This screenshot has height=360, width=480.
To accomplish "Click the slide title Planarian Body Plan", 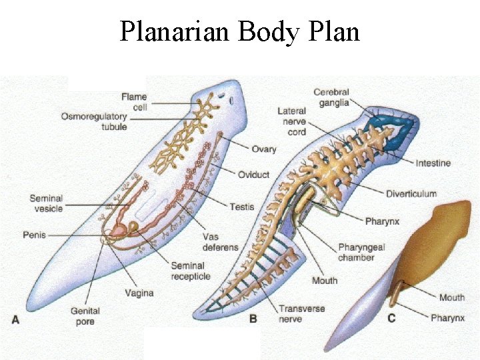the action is pyautogui.click(x=239, y=31).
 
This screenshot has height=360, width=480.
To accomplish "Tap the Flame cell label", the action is pyautogui.click(x=134, y=101).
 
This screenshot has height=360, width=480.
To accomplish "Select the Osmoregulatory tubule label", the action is pyautogui.click(x=94, y=121).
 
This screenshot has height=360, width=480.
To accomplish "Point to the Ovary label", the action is pyautogui.click(x=264, y=149).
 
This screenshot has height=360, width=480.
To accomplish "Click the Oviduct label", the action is pyautogui.click(x=254, y=175).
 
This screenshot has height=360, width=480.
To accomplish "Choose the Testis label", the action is pyautogui.click(x=241, y=207).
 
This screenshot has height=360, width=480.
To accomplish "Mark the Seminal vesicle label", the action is pyautogui.click(x=46, y=203).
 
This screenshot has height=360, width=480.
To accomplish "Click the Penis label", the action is pyautogui.click(x=34, y=235).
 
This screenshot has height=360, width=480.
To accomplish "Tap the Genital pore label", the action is pyautogui.click(x=85, y=316).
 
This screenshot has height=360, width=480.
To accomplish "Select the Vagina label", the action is pyautogui.click(x=139, y=293).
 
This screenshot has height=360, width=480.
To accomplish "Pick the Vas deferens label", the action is pyautogui.click(x=220, y=242).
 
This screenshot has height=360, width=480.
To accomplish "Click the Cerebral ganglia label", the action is pyautogui.click(x=331, y=97).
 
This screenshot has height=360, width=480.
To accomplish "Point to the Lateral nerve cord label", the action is pyautogui.click(x=292, y=121).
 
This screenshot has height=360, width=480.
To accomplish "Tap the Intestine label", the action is pyautogui.click(x=433, y=163).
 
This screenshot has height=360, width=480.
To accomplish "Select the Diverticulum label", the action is pyautogui.click(x=411, y=194).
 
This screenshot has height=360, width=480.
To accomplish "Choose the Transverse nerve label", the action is pyautogui.click(x=301, y=314).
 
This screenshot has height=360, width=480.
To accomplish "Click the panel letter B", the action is pyautogui.click(x=253, y=319).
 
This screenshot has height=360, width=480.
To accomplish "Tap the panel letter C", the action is pyautogui.click(x=391, y=318).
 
